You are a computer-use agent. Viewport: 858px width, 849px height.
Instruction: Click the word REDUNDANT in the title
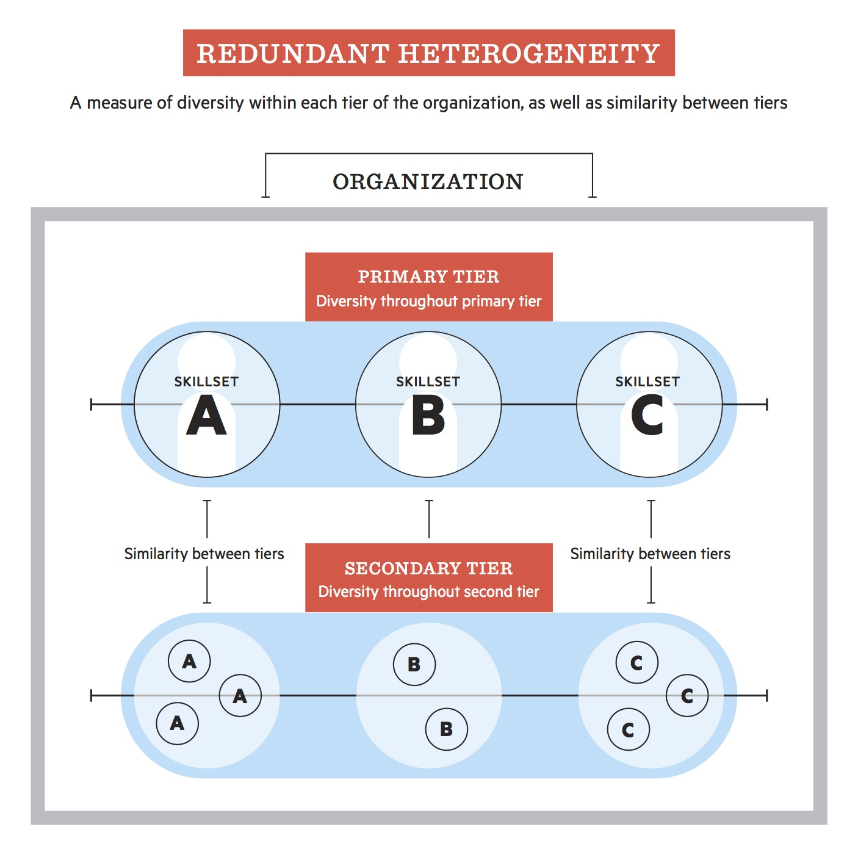pos(293,54)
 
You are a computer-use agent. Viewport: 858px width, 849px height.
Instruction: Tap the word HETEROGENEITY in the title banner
pos(529,54)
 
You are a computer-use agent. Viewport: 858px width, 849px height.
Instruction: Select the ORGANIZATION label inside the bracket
pos(428,182)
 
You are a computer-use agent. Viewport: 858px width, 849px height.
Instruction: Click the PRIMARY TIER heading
pos(428,276)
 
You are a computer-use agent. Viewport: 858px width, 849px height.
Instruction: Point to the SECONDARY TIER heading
pos(428,568)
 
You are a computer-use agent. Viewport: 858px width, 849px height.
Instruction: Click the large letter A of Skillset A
pos(206,416)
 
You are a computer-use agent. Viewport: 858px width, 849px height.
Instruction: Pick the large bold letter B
pos(428,416)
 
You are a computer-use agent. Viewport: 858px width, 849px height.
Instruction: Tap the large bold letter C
pos(647,416)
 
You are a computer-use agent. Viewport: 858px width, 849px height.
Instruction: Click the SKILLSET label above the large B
pos(428,382)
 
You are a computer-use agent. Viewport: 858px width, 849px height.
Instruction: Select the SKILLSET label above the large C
pos(647,382)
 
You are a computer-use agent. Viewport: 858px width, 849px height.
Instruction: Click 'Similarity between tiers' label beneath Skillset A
pos(204,554)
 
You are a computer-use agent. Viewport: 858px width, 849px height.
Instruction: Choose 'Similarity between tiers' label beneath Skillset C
pos(650,554)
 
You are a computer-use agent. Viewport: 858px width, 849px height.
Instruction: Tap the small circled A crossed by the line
pos(240,696)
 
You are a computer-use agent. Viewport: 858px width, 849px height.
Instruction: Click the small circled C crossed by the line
pos(687,696)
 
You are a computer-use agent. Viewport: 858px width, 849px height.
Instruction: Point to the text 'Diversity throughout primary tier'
pos(428,301)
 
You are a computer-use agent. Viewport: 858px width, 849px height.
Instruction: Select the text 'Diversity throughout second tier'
pos(428,591)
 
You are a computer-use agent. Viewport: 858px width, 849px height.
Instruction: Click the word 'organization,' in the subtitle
pos(473,103)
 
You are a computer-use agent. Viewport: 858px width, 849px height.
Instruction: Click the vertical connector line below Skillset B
pos(429,519)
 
